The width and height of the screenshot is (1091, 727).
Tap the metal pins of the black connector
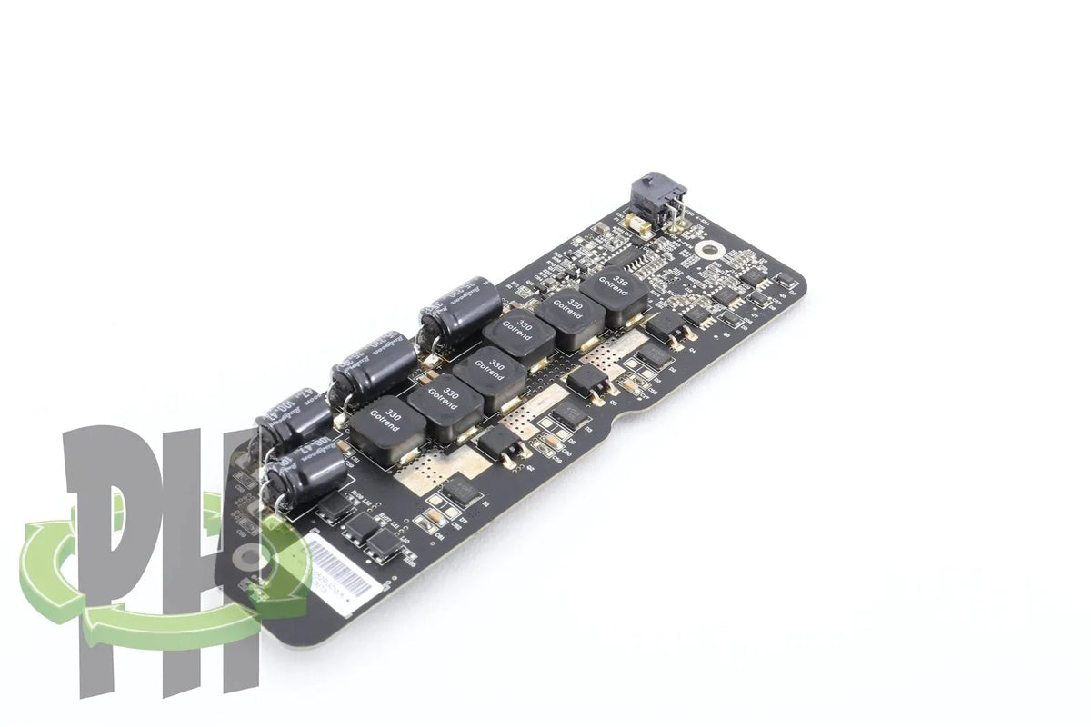click(x=675, y=210)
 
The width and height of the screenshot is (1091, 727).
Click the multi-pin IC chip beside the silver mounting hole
click(x=647, y=264)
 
